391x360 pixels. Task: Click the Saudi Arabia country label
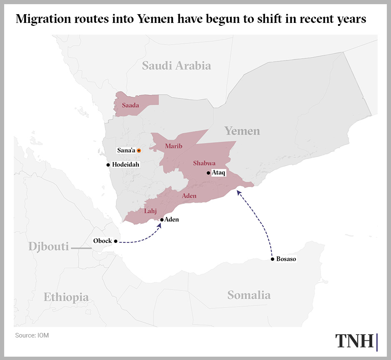click(x=176, y=66)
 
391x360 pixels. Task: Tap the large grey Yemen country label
click(x=242, y=131)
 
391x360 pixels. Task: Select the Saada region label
click(x=130, y=106)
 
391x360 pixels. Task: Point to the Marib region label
click(x=173, y=146)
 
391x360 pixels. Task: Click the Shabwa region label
click(x=204, y=163)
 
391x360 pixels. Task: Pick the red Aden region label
click(x=189, y=196)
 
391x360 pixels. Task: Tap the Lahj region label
click(x=150, y=211)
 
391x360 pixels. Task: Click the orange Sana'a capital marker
click(x=139, y=151)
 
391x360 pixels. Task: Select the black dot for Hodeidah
click(x=108, y=165)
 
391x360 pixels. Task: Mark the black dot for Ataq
click(x=208, y=173)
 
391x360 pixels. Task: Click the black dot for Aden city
click(x=162, y=220)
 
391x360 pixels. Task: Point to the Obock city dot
click(x=116, y=241)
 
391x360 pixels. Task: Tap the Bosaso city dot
click(x=272, y=259)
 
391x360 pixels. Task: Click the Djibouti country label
click(x=48, y=247)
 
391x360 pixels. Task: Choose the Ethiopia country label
click(x=66, y=297)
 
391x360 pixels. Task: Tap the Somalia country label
click(x=249, y=295)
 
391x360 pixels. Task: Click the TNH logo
click(x=356, y=341)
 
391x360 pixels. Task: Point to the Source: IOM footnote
click(x=32, y=335)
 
